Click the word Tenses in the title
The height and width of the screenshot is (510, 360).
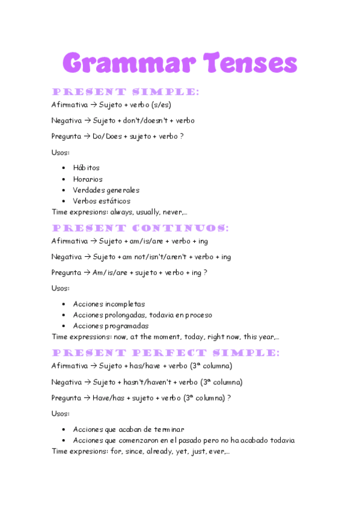pyautogui.click(x=250, y=63)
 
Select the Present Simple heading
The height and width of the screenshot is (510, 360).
pyautogui.click(x=125, y=92)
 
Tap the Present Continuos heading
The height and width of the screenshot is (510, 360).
pyautogui.click(x=140, y=229)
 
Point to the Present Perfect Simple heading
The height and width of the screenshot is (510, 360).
pyautogui.click(x=165, y=352)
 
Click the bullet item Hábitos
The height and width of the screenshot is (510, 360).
pyautogui.click(x=86, y=168)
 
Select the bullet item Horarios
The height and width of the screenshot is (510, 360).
pyautogui.click(x=88, y=179)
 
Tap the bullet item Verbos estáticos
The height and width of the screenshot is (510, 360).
pyautogui.click(x=102, y=201)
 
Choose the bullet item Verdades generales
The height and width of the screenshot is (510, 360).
pyautogui.click(x=106, y=190)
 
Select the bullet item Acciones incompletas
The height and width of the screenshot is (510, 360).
pyautogui.click(x=109, y=304)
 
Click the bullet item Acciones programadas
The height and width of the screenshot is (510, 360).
pyautogui.click(x=111, y=326)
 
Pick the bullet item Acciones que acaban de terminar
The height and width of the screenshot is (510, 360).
pyautogui.click(x=128, y=429)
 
